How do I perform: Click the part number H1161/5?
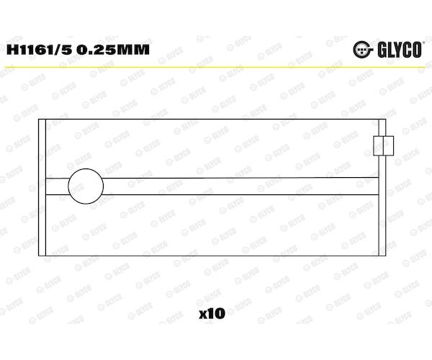click(40, 50)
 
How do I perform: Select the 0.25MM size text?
click(113, 50)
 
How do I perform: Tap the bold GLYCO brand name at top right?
click(400, 50)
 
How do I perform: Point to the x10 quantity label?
click(212, 313)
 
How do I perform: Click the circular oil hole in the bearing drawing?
click(86, 186)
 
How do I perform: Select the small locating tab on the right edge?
click(383, 145)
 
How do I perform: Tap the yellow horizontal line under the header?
click(216, 67)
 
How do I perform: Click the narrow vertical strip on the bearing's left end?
click(42, 188)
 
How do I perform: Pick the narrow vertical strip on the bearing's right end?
click(382, 188)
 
